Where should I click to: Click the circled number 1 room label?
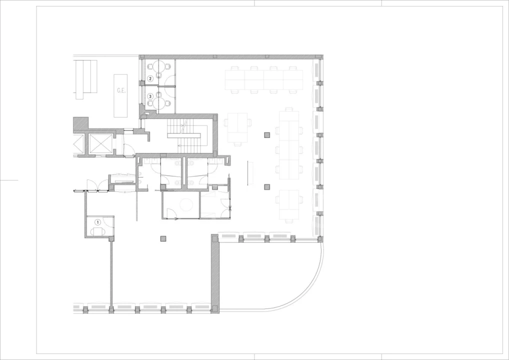point(97,222)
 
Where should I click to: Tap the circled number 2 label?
point(150,78)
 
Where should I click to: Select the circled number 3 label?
point(150,96)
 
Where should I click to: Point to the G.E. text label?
point(121,90)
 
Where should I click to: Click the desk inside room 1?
point(97,231)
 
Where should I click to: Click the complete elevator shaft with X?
point(100,143)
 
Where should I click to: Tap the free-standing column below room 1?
point(163,238)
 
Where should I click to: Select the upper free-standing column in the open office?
point(267,135)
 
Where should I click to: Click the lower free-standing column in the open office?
point(267,186)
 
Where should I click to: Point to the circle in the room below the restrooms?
point(186,204)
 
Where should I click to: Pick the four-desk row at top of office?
point(264,80)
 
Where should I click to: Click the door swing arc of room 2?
point(170,80)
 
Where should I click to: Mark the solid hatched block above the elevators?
point(81,123)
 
